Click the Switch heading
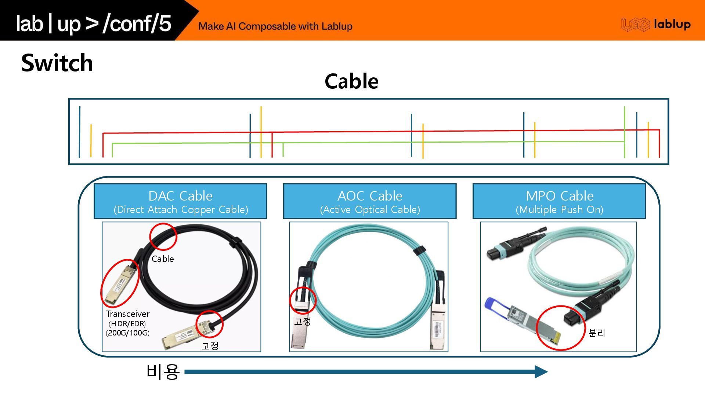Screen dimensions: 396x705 click(x=57, y=63)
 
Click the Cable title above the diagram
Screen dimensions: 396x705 click(x=351, y=81)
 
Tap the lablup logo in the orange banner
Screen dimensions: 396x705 click(x=656, y=25)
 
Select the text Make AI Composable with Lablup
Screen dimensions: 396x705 click(x=275, y=26)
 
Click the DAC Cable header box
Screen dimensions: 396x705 click(x=180, y=201)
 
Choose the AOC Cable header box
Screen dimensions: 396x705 click(x=370, y=201)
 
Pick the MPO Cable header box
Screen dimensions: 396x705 click(x=559, y=201)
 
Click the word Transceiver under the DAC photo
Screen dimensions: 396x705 click(x=128, y=314)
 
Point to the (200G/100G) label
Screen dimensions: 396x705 click(x=128, y=333)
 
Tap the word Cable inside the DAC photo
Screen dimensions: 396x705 click(x=163, y=259)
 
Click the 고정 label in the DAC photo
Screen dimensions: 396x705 click(x=210, y=346)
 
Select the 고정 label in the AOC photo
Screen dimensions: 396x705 click(x=303, y=321)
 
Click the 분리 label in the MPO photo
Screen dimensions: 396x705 click(x=597, y=333)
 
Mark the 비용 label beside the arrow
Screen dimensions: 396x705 click(x=163, y=372)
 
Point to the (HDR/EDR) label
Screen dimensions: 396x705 click(x=127, y=324)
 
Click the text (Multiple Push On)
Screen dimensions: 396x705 click(x=559, y=210)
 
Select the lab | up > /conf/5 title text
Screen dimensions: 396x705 click(x=94, y=24)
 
